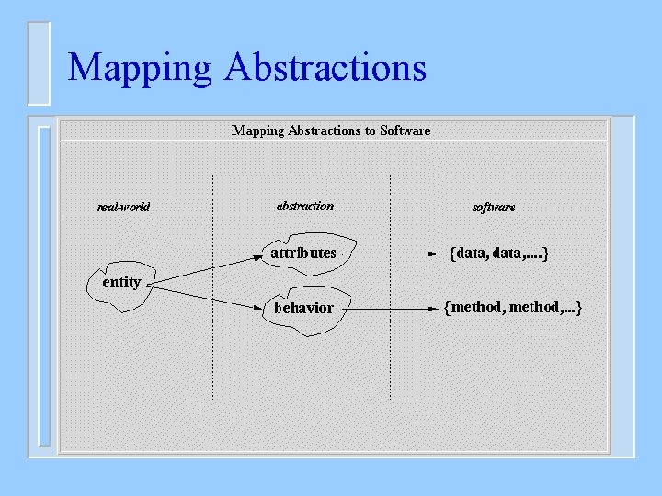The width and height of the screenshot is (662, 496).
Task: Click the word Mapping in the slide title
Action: click(x=141, y=68)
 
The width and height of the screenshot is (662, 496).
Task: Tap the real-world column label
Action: click(x=123, y=207)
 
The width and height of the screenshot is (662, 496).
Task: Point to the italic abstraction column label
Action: click(x=304, y=206)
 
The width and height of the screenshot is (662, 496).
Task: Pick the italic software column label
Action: click(x=494, y=208)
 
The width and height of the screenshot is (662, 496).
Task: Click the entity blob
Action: click(x=120, y=282)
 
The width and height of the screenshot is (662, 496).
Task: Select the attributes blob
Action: click(x=302, y=253)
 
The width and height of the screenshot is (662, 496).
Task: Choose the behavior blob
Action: click(x=303, y=308)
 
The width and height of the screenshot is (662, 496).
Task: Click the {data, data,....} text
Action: click(x=499, y=253)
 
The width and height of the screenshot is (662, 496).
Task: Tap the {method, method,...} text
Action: click(x=512, y=307)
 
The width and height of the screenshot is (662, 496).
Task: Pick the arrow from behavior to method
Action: click(x=386, y=306)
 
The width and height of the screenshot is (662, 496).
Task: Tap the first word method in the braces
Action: click(x=476, y=307)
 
